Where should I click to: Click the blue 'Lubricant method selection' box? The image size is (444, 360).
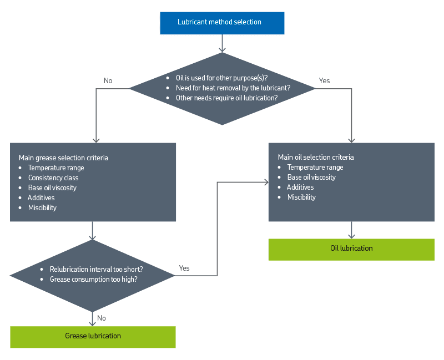222,23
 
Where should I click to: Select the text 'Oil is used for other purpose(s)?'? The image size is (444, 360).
221,78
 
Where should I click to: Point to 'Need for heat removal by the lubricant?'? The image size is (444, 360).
233,88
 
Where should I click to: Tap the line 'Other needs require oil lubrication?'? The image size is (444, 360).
226,98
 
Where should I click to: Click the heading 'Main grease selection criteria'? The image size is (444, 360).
63,158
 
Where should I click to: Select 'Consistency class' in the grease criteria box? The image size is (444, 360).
53,178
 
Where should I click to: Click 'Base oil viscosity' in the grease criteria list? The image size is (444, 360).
52,187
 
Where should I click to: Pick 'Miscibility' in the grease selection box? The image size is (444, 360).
42,207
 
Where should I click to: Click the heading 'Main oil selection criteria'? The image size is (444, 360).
315,157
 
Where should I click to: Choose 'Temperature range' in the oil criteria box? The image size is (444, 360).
315,167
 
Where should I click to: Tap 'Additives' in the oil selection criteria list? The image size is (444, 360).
300,187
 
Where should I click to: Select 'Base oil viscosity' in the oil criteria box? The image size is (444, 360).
311,177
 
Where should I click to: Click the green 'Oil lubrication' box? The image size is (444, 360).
351,249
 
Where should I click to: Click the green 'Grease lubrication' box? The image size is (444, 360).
93,336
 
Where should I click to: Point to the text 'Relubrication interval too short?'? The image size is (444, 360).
96,269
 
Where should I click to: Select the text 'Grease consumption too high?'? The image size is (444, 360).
93,279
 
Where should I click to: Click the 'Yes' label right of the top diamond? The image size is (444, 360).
325,81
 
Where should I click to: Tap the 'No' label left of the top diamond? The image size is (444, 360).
108,81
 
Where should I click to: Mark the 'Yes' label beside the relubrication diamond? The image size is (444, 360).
185,268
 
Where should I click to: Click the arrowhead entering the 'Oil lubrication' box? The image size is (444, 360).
351,235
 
